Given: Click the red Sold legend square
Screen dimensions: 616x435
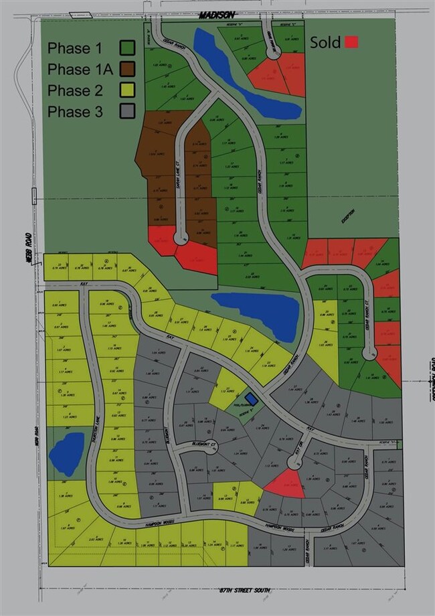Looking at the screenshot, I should click(x=351, y=42).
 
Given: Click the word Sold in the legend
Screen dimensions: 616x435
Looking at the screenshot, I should click(x=326, y=42).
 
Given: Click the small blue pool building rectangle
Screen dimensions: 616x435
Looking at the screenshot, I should click(x=250, y=398).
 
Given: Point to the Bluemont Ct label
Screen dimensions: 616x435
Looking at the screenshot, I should click(x=194, y=443).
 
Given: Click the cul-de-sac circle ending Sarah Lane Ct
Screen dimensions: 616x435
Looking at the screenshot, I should click(x=180, y=238).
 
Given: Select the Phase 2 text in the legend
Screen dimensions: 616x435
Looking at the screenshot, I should click(x=75, y=90).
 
